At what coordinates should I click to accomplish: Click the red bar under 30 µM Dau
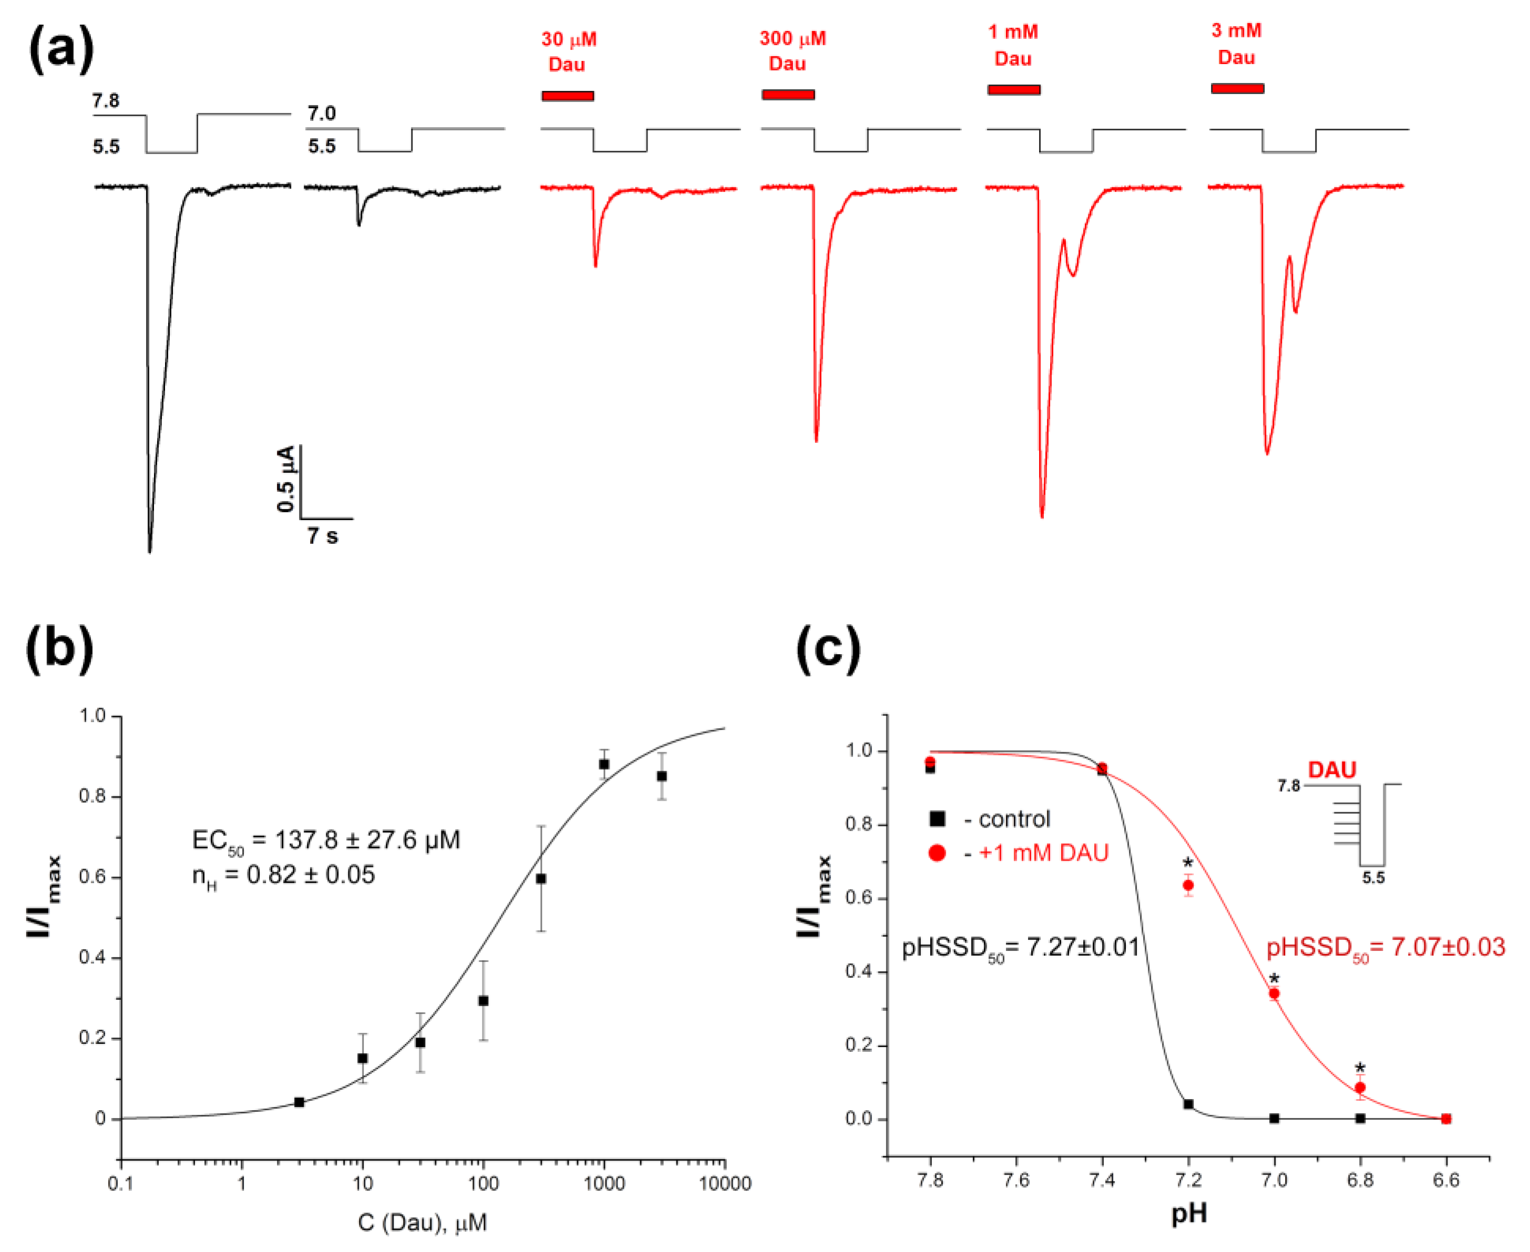click(568, 96)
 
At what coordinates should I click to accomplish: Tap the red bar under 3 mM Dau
click(1237, 89)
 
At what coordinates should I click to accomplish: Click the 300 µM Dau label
click(792, 51)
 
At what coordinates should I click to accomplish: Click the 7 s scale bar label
click(322, 536)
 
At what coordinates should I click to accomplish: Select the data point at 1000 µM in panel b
click(604, 764)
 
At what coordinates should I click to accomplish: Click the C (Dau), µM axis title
click(423, 1223)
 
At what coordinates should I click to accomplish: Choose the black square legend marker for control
click(937, 819)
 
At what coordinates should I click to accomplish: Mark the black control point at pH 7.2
click(1188, 1104)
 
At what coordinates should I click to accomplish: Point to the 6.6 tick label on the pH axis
click(1445, 1181)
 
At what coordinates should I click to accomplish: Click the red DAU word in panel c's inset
click(1332, 770)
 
